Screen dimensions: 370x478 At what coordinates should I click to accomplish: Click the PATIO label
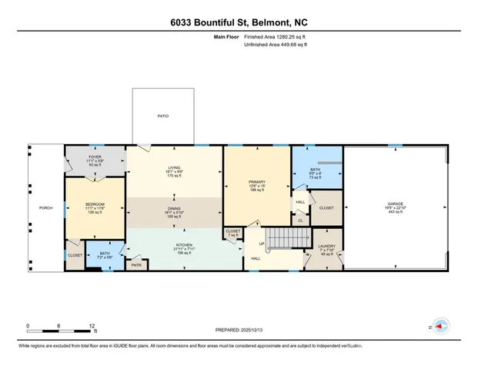[x=162, y=116]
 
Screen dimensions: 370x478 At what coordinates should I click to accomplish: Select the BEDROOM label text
[x=95, y=203]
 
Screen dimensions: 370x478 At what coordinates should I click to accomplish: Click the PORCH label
[x=45, y=208]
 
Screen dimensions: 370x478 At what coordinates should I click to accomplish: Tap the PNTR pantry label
[x=137, y=265]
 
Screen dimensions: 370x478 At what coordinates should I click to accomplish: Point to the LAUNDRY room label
[x=325, y=247]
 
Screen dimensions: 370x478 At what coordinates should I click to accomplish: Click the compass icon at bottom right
[x=442, y=327]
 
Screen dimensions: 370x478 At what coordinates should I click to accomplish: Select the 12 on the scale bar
[x=92, y=325]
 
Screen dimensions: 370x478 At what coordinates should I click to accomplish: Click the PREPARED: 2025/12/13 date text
[x=239, y=329]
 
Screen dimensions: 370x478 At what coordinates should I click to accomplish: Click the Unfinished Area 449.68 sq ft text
[x=276, y=45]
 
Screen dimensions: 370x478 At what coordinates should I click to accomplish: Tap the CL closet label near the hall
[x=300, y=220]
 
